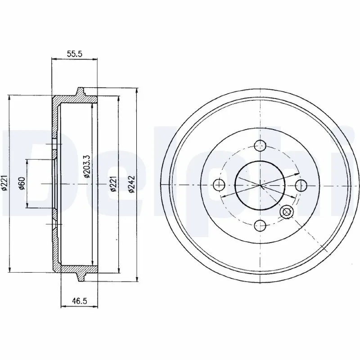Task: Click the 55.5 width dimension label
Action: [x=73, y=53]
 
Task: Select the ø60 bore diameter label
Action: [x=21, y=184]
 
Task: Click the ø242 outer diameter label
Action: [x=131, y=184]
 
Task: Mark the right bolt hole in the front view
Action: [x=300, y=184]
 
